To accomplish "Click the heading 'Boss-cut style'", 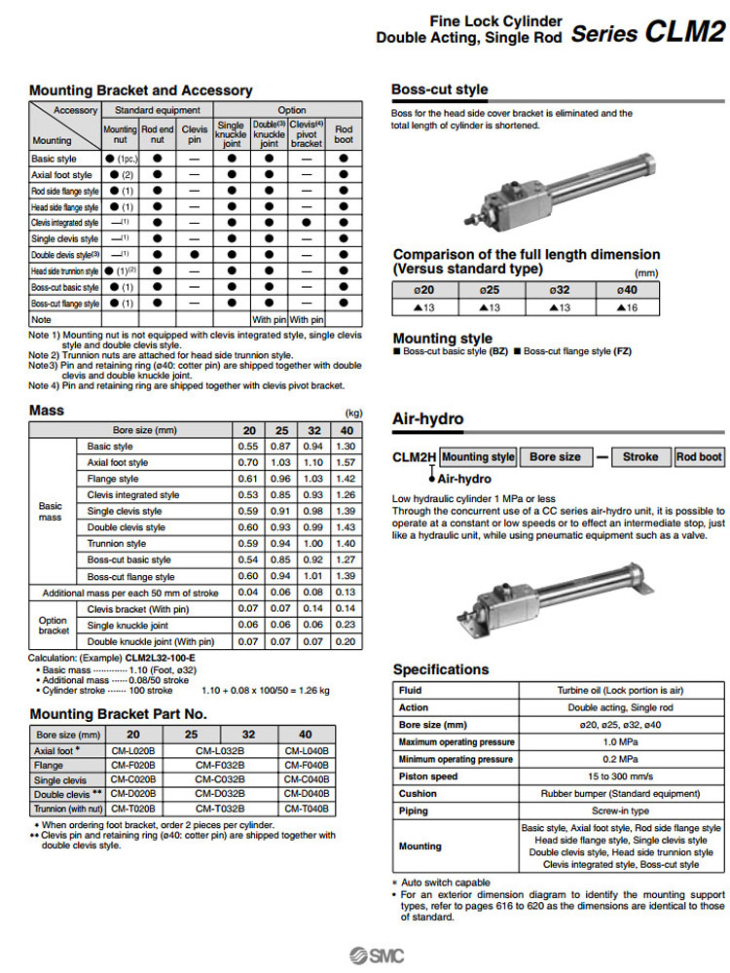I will pos(439,90).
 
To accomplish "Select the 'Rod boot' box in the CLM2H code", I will pos(699,456).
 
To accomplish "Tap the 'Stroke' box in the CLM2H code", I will pos(639,456).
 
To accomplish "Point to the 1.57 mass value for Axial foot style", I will pos(345,462).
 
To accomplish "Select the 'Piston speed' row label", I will pos(428,776).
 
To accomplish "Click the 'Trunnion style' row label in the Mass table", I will pos(116,544).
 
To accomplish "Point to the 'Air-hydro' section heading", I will pos(427,419).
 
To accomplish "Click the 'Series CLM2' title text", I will pos(646,33).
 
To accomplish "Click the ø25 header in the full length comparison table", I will pos(491,290).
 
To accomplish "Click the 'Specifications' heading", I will pos(441,669).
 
